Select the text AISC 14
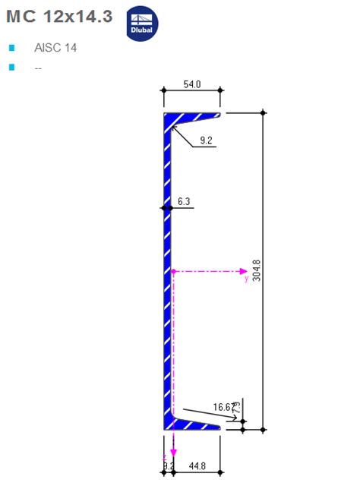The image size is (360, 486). coord(55,48)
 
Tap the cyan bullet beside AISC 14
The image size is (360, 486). coord(11,48)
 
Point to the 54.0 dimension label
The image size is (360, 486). coord(192,84)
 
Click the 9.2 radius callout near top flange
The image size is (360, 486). coord(206,140)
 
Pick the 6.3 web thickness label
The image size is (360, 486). coord(184,201)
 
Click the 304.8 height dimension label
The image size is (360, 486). coord(256,271)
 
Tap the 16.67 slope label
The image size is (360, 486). coord(223,408)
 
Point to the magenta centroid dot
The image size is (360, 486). coord(173,270)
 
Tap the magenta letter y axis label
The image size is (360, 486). coord(246,279)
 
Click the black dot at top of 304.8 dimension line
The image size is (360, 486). coord(264,112)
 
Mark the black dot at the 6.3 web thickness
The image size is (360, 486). coord(163,207)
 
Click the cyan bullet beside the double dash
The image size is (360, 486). coord(11,68)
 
